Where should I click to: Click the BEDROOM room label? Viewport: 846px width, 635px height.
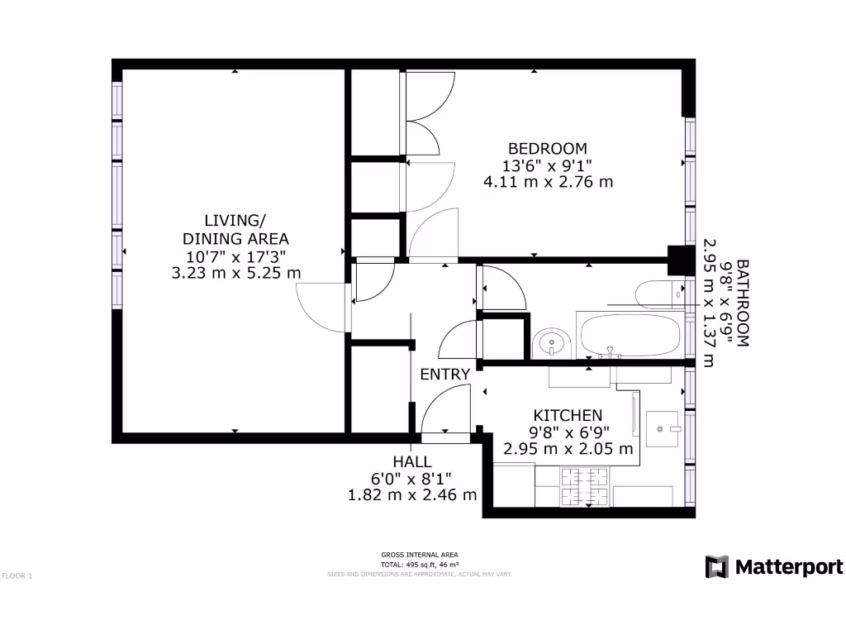tap(548, 148)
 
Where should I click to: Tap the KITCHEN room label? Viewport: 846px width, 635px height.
tap(568, 415)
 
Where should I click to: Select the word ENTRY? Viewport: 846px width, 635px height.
tap(444, 374)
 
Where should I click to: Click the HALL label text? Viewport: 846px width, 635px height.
tap(412, 461)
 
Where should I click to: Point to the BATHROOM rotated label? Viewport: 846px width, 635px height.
tap(742, 303)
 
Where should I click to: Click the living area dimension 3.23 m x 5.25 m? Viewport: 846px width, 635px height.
tap(235, 272)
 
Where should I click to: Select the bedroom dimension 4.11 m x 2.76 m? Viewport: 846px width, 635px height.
tap(548, 181)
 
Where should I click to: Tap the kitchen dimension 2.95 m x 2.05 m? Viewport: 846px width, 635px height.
tap(568, 449)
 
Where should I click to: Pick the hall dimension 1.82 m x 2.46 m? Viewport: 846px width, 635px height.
tap(412, 494)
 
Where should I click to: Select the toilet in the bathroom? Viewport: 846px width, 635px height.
tap(660, 294)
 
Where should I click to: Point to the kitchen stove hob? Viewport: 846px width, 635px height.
tap(585, 486)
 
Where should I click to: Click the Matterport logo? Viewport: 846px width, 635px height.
tap(774, 566)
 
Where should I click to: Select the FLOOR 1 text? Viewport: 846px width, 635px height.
tap(17, 575)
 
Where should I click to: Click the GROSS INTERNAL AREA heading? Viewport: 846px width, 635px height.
tap(419, 555)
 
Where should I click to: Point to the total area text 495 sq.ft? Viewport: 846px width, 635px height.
tap(419, 564)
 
